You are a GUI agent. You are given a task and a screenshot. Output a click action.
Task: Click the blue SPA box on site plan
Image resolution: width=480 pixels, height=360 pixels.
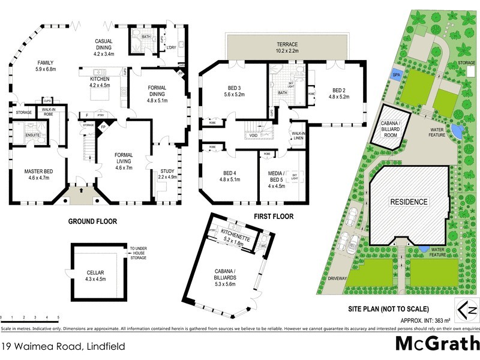[397, 74]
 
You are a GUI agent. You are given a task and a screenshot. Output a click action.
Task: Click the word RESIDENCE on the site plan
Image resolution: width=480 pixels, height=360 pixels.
[410, 202]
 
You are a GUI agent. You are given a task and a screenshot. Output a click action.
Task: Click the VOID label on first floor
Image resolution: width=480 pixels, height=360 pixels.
[254, 136]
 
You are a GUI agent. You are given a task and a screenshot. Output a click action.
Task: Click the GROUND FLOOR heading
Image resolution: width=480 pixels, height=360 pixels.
[92, 221]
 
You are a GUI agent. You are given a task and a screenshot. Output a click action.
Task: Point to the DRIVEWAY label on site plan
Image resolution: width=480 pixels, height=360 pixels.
[338, 279]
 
